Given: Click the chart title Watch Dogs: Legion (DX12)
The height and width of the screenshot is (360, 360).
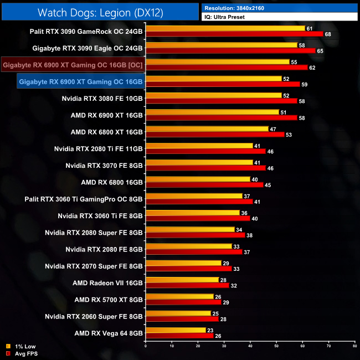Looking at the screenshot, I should coord(100,12).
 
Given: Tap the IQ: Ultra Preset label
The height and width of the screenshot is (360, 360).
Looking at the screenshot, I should coord(224,17).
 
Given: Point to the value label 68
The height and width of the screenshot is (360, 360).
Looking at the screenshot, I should coord(328,34).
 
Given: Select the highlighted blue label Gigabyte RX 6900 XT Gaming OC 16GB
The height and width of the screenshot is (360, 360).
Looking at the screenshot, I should coord(80,82).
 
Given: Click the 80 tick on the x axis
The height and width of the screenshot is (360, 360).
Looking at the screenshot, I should coord(354,346).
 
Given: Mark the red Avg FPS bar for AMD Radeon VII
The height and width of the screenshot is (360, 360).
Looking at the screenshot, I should coord(187,286).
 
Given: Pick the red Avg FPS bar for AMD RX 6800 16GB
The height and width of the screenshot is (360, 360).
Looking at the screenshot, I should coord(204,185).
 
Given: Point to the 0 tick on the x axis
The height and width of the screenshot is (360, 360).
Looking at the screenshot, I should coord(146,346).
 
